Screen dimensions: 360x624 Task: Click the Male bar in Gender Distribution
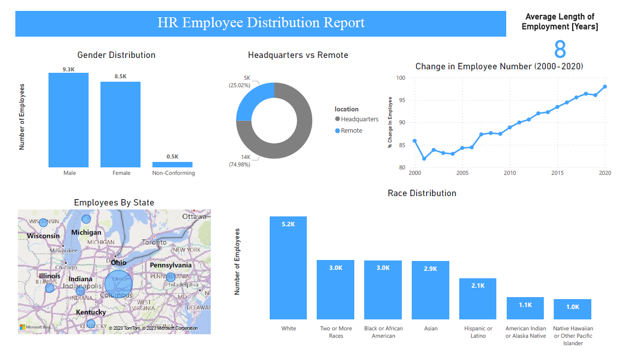pyautogui.click(x=68, y=120)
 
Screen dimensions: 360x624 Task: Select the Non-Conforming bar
pyautogui.click(x=172, y=164)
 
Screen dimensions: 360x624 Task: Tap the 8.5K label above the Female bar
pyautogui.click(x=120, y=77)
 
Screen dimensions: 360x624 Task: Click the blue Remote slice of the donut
pyautogui.click(x=254, y=102)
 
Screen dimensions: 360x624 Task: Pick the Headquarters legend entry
pyautogui.click(x=359, y=119)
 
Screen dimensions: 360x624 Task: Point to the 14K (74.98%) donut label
pyautogui.click(x=240, y=161)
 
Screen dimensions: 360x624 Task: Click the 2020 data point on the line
pyautogui.click(x=605, y=87)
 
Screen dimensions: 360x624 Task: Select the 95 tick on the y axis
pyautogui.click(x=401, y=101)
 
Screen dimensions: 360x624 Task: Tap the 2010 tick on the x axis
pyautogui.click(x=510, y=173)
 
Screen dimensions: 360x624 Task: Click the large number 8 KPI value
pyautogui.click(x=560, y=50)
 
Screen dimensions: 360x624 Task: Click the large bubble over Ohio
pyautogui.click(x=119, y=284)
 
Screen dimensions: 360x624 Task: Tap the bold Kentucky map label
pyautogui.click(x=91, y=312)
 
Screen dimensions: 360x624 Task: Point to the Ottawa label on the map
pyautogui.click(x=194, y=217)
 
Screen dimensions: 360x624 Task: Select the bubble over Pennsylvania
pyautogui.click(x=171, y=277)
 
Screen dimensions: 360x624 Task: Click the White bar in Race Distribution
pyautogui.click(x=288, y=267)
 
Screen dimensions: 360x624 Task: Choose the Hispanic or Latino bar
pyautogui.click(x=478, y=299)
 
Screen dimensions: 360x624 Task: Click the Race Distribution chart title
pyautogui.click(x=422, y=193)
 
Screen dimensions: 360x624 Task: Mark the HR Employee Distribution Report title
pyautogui.click(x=261, y=23)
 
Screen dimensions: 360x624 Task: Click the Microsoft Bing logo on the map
pyautogui.click(x=35, y=327)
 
